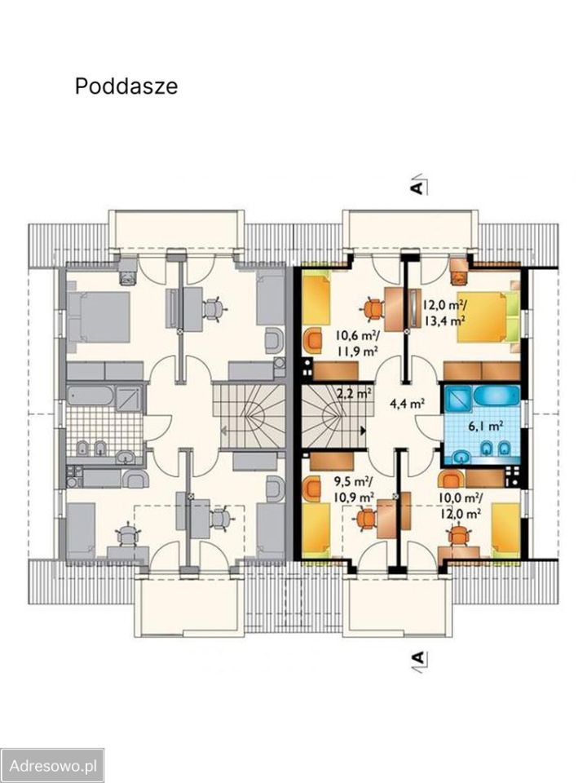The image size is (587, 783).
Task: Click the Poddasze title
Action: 126,86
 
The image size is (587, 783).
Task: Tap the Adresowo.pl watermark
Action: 52,765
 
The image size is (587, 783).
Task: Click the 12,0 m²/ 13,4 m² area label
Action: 445,312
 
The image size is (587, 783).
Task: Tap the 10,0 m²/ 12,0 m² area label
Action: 460,505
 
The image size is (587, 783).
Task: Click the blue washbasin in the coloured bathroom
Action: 461,455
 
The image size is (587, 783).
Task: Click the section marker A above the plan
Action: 417,184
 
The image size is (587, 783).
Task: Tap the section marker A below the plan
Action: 418,658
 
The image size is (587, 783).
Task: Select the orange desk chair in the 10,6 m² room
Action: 372,309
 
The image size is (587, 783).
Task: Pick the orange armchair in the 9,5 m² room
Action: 311,488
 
